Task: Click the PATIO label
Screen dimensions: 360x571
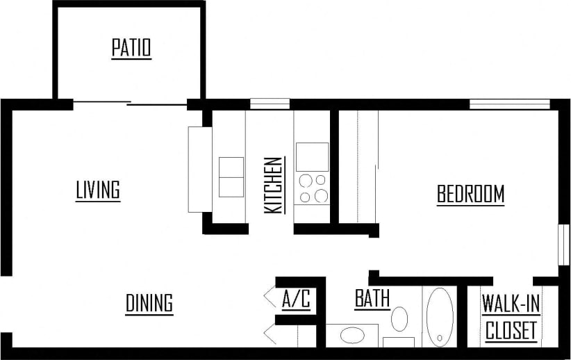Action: [131, 49]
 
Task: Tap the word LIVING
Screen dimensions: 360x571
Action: [98, 190]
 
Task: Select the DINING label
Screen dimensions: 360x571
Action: [149, 304]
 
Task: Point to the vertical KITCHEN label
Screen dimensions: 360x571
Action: [273, 185]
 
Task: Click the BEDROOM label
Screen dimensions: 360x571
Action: [470, 195]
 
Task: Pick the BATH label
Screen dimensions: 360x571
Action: [372, 299]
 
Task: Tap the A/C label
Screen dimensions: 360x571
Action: [296, 300]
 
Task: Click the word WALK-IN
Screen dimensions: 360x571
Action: [511, 304]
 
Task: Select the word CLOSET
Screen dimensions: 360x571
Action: [511, 331]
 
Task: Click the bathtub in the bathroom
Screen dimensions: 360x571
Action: [439, 317]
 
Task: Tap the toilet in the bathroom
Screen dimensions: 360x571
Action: [399, 320]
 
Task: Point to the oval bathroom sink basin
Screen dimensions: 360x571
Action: [351, 336]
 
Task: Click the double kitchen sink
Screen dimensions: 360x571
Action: [231, 177]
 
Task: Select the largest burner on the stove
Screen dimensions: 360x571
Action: [320, 196]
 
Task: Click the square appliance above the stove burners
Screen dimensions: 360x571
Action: [312, 156]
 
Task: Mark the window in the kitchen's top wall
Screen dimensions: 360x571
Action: [270, 104]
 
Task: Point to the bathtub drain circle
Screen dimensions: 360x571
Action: [439, 339]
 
